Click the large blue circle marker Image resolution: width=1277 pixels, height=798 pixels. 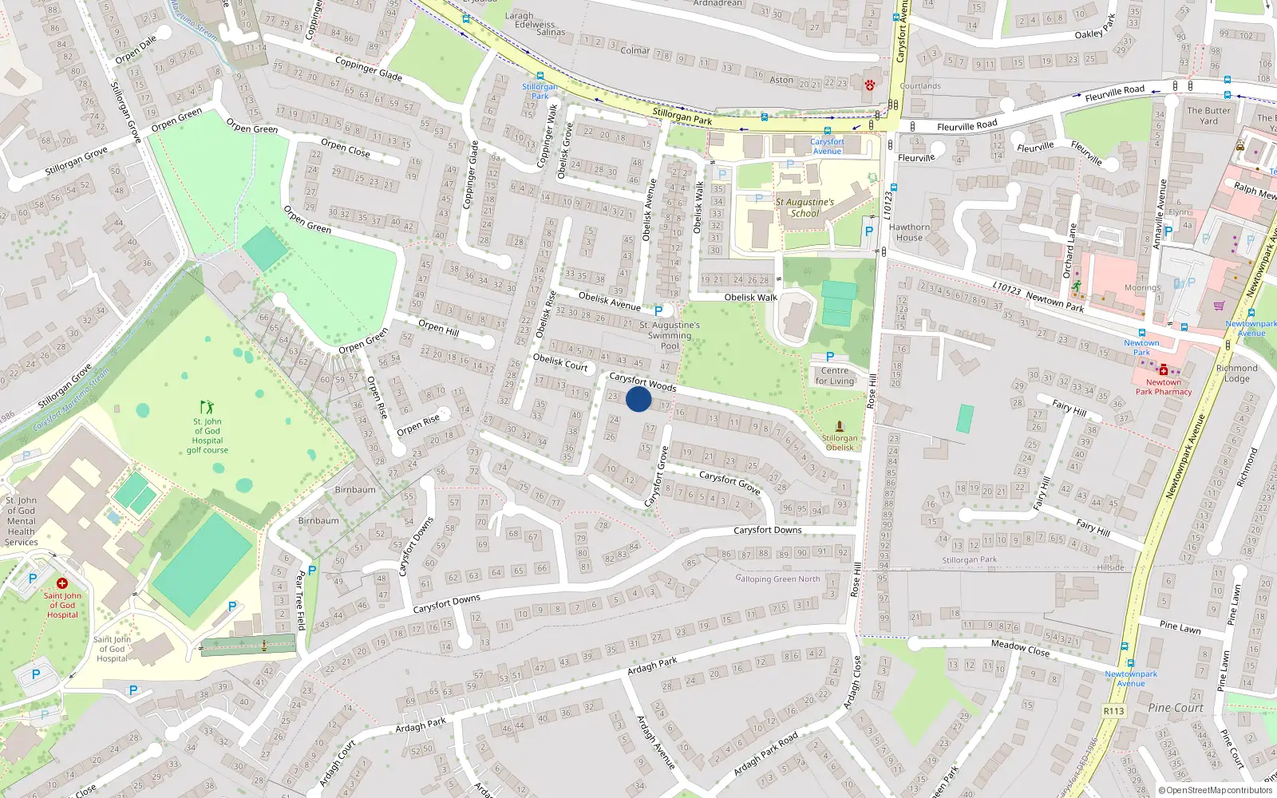tap(638, 399)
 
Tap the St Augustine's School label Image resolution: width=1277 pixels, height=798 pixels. tap(805, 207)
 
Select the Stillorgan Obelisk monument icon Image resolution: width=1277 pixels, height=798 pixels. tap(839, 426)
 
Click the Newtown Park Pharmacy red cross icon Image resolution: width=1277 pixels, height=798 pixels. tap(1164, 370)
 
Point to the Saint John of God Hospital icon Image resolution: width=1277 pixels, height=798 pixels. tap(62, 583)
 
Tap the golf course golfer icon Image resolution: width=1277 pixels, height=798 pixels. tap(208, 407)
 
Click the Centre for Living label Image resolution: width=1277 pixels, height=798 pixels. tap(835, 376)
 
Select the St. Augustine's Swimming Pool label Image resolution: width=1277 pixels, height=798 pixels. tap(670, 335)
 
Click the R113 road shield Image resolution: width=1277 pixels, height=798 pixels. tap(1113, 711)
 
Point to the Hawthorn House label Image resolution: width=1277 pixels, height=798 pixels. tap(909, 232)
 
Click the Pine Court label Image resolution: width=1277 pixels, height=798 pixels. tap(1176, 708)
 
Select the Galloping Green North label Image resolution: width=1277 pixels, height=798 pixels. tap(777, 579)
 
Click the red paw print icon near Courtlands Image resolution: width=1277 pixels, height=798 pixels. tap(869, 85)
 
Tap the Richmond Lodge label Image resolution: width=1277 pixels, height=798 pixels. tap(1236, 373)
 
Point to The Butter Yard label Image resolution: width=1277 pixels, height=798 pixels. tap(1208, 116)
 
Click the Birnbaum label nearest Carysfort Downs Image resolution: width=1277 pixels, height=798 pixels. tap(318, 521)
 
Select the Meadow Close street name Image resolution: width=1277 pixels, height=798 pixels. tap(1020, 647)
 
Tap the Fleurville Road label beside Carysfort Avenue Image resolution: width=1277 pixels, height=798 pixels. tap(967, 126)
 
